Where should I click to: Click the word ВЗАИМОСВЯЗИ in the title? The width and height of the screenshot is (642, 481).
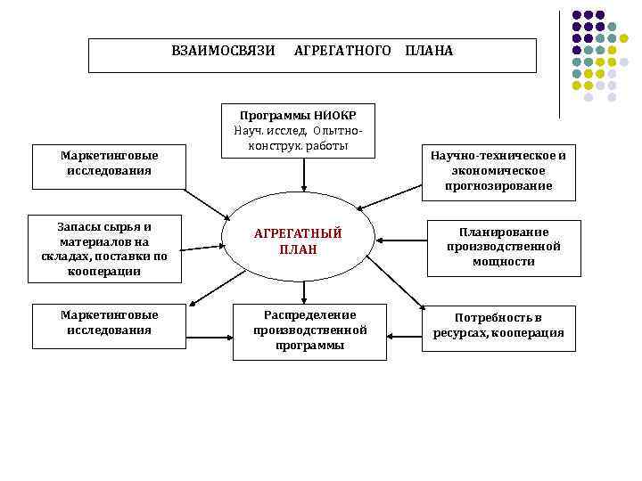pos(223,51)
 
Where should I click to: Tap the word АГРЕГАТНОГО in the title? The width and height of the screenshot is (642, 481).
pos(342,51)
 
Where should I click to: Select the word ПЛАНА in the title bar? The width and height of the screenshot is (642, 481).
pos(429,51)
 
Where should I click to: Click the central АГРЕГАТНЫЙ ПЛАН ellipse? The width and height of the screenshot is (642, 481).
pos(298,241)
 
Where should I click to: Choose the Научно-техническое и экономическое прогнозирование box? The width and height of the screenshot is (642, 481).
pos(498,170)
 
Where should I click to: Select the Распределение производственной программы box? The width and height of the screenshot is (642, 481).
pos(309,330)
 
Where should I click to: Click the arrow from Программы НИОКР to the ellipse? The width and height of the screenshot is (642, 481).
pos(304,175)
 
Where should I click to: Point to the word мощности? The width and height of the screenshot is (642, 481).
pos(504,262)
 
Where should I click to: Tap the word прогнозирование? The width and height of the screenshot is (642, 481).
pos(498,185)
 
